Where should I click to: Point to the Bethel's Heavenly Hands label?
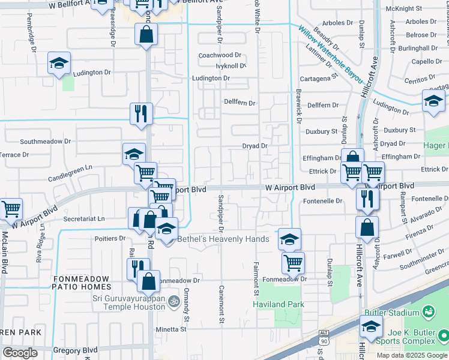[x=223, y=239]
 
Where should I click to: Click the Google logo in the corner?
[x=20, y=353]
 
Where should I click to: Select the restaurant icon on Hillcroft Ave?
[x=367, y=199]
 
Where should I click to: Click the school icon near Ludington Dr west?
[x=59, y=62]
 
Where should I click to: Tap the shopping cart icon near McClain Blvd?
[x=11, y=209]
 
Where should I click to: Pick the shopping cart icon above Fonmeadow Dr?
[x=293, y=262]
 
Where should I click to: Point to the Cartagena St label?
[x=318, y=78]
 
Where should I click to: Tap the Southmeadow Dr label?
[x=46, y=142]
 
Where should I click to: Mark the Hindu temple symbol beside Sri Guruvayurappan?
[x=173, y=301]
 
